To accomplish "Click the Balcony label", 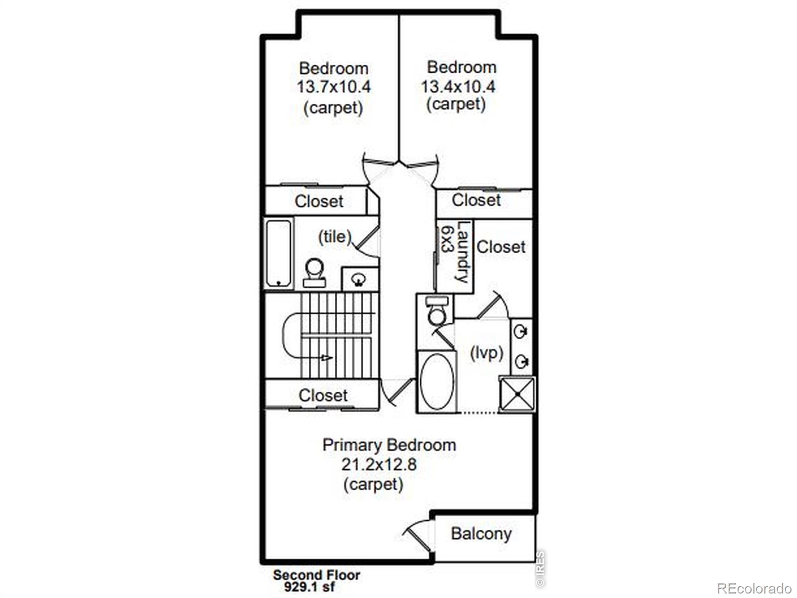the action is (x=481, y=534).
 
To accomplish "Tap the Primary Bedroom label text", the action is (x=389, y=446).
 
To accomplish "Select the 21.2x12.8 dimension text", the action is (x=379, y=465).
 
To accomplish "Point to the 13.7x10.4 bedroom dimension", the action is (x=334, y=87).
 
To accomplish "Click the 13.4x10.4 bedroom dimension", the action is (x=458, y=87).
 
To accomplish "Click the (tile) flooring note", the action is (x=335, y=237).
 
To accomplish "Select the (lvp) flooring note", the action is (x=487, y=352).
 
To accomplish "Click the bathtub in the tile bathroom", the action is (x=278, y=254).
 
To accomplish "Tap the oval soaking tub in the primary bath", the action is (x=437, y=381).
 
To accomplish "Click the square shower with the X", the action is (x=517, y=394).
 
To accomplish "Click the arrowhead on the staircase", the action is (x=327, y=358).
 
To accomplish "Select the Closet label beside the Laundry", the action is (x=501, y=247).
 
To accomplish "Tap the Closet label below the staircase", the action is (x=323, y=395).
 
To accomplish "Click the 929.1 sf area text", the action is (x=309, y=587).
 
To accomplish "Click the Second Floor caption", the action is (x=316, y=575).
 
